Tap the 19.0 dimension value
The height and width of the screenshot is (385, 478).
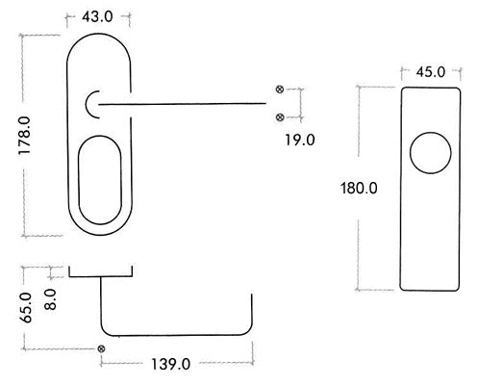[x=299, y=140]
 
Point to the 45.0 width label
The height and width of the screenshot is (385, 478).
[x=429, y=70]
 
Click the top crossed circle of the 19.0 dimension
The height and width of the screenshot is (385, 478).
[x=280, y=90]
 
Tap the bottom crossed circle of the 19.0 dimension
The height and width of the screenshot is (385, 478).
[x=280, y=117]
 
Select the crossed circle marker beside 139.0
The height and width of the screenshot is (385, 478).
[x=101, y=347]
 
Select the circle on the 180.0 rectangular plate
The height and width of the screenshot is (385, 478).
[x=428, y=156]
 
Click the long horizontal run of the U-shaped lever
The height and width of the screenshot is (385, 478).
[x=178, y=328]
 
